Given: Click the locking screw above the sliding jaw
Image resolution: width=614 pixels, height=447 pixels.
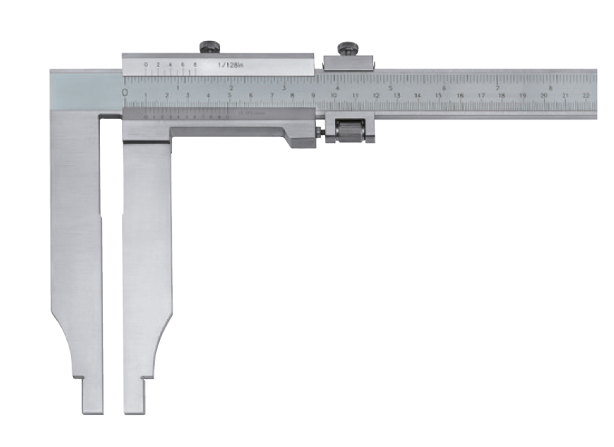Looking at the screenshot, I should tap(209, 47).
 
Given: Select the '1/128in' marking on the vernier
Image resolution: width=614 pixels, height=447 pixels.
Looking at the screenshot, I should tap(229, 65).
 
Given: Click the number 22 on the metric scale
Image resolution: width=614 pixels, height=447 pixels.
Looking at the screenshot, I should tap(585, 96).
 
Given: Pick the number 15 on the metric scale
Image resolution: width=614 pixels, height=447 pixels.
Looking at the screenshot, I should tap(439, 96).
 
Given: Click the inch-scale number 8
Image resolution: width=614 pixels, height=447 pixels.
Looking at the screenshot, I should tap(549, 88).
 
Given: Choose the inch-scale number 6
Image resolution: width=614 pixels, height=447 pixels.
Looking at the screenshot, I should tap(443, 88).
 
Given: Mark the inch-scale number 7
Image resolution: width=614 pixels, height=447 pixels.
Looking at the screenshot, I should tap(497, 88).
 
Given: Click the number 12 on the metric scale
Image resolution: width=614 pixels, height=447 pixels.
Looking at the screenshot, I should tap(376, 96).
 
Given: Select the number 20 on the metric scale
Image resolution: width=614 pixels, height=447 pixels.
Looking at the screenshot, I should tap(543, 96).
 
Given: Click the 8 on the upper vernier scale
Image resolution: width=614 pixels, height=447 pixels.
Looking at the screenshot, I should tap(196, 65).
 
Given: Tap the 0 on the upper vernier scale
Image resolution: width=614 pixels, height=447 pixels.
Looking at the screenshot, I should tap(146, 65).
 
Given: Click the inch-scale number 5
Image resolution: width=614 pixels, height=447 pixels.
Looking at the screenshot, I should tap(390, 88).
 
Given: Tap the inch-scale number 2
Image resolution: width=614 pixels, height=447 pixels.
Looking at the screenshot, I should tap(230, 88).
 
